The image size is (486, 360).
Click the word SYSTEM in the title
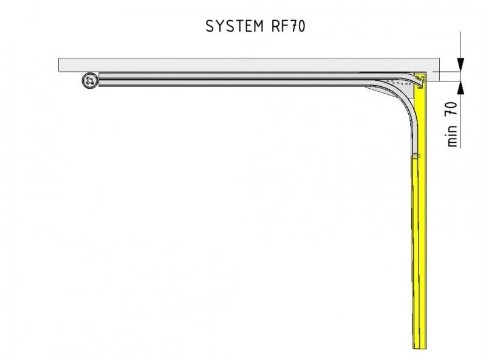[x=234, y=26]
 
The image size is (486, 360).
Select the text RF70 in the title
[x=288, y=26]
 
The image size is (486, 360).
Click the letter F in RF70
[x=284, y=26]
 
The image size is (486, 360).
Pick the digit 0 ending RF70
[x=301, y=26]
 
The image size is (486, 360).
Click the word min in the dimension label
[x=452, y=136]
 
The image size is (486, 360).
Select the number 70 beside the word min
[x=451, y=109]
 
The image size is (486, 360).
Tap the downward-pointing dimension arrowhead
[x=460, y=64]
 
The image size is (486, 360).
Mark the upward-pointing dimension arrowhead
[x=460, y=88]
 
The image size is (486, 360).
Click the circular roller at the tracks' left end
[x=90, y=81]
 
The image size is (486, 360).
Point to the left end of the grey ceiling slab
[x=59, y=65]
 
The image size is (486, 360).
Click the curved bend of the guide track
[x=403, y=99]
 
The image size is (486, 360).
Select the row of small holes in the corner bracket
[x=399, y=83]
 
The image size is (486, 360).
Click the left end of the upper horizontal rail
[x=99, y=75]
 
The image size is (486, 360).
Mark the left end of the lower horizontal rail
[x=99, y=83]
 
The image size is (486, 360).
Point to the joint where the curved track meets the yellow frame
[x=416, y=155]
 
